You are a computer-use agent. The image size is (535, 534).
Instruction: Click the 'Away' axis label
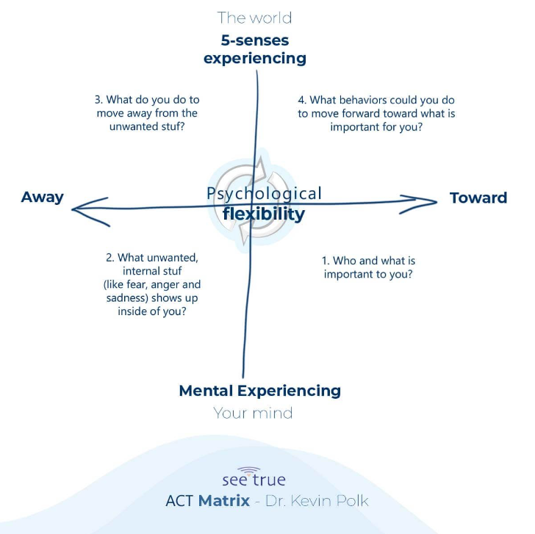click(43, 197)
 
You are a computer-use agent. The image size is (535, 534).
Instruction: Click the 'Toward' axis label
click(478, 198)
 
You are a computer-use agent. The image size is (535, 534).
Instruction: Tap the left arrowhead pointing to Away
click(90, 211)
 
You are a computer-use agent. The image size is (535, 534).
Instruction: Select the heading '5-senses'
click(255, 40)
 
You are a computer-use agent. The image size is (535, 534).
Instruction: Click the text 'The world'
click(254, 18)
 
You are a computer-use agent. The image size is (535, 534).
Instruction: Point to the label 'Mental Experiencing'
click(260, 391)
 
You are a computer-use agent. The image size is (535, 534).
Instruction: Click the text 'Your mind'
click(253, 413)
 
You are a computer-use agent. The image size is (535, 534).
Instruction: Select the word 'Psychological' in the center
click(264, 194)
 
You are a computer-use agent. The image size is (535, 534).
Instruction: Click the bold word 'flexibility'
click(264, 214)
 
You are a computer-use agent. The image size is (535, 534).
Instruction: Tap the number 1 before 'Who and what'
click(326, 261)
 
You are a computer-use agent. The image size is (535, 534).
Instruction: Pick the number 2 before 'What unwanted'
click(109, 258)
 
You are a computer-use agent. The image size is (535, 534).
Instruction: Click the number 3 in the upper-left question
click(98, 100)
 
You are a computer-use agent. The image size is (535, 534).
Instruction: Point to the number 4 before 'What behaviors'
click(302, 100)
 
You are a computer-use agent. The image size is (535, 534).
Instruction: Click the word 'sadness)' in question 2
click(127, 298)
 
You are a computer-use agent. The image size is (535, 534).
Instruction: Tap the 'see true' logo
click(254, 477)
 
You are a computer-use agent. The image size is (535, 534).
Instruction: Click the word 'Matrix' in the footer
click(224, 501)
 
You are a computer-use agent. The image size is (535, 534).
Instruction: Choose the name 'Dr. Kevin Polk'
click(317, 501)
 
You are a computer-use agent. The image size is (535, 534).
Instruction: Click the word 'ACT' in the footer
click(180, 501)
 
